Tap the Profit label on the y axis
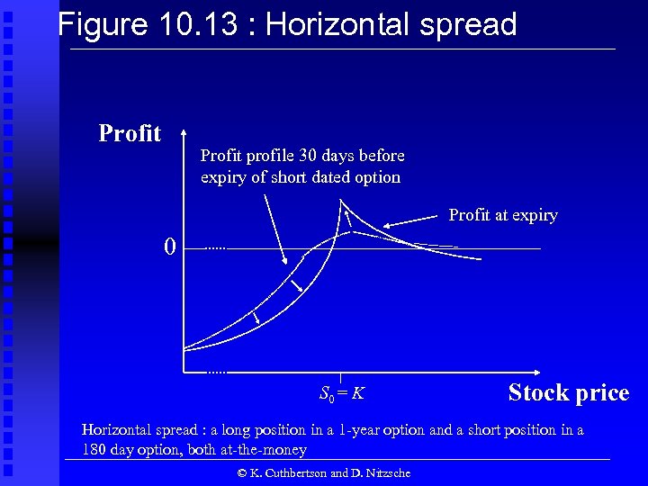(x=130, y=134)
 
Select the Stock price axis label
(x=568, y=393)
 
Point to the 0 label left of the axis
(x=169, y=247)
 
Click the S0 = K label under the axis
(x=341, y=393)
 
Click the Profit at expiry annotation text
(x=503, y=215)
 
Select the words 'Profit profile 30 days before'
(x=302, y=156)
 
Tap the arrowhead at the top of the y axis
(x=184, y=130)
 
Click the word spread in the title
(x=464, y=24)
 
